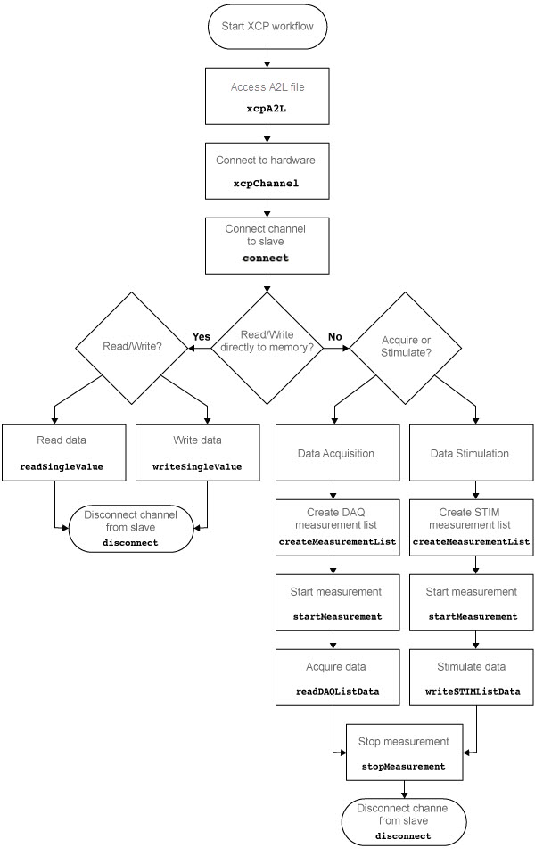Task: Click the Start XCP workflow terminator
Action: [267, 29]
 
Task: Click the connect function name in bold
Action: [267, 259]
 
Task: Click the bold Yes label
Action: [201, 337]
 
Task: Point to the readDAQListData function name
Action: [333, 691]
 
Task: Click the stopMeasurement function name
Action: [404, 766]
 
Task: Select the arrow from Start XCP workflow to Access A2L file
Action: [267, 58]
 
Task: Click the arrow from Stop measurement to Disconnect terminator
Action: [404, 789]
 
